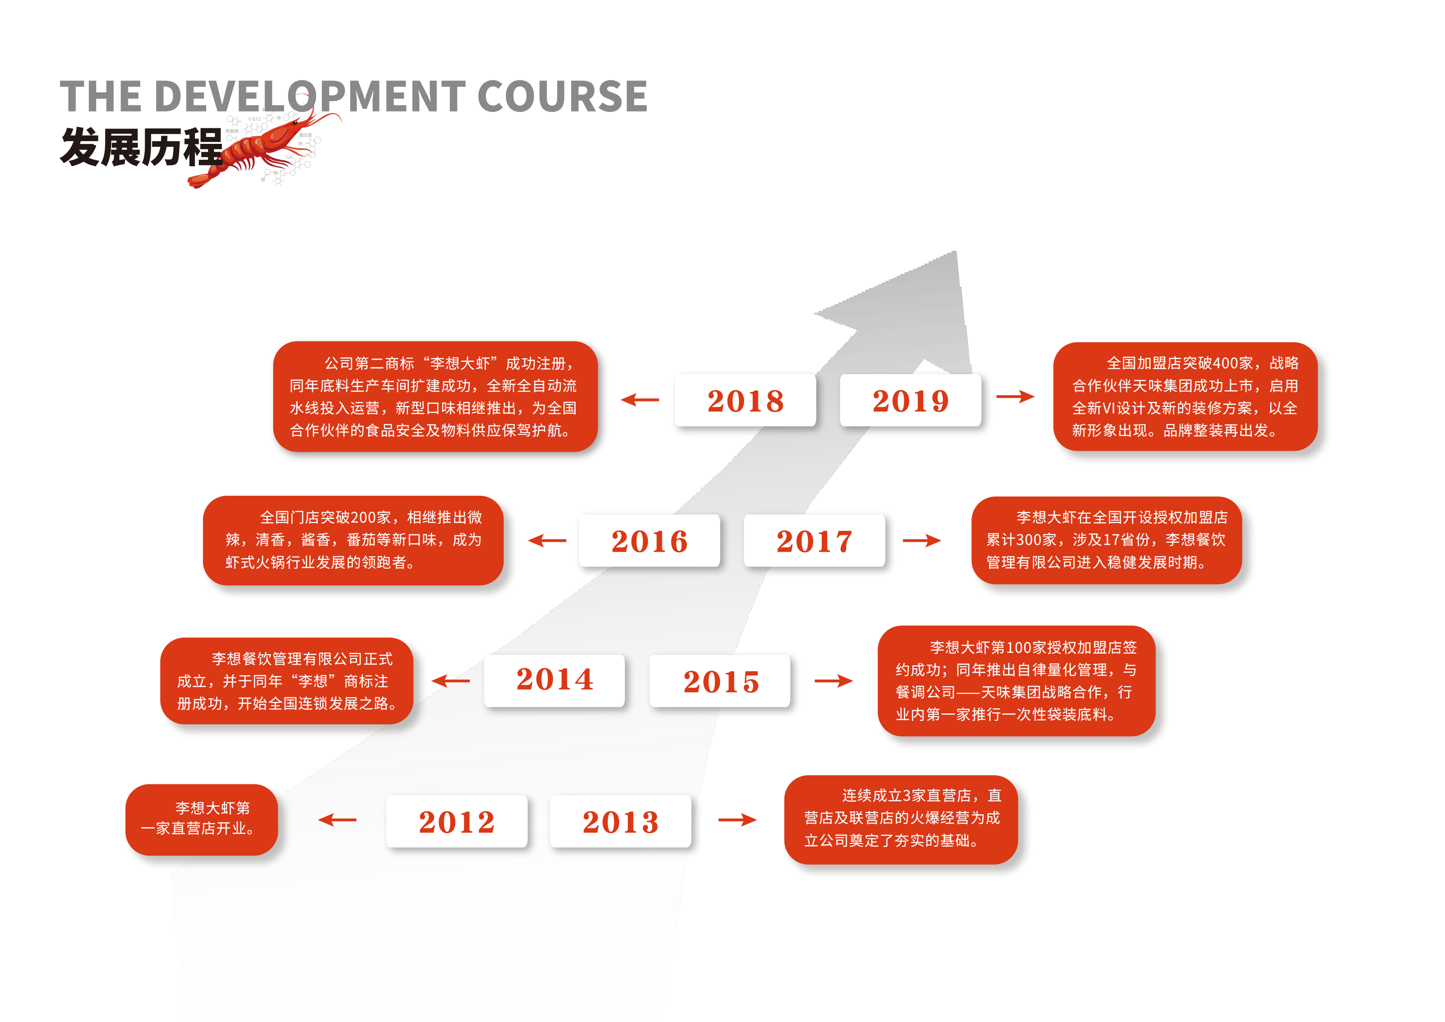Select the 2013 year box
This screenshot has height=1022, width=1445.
[x=620, y=821]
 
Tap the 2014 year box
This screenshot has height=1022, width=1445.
[x=555, y=680]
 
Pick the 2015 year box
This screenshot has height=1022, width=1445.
[x=720, y=680]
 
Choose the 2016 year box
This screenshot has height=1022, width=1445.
[x=650, y=540]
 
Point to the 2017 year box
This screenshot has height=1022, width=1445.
[x=814, y=540]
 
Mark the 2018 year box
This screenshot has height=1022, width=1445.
[x=745, y=400]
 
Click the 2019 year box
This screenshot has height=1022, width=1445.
[x=910, y=400]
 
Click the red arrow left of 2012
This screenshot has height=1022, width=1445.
[x=337, y=819]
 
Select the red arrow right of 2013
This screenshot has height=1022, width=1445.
[x=738, y=819]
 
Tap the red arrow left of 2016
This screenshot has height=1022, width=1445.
[x=547, y=540]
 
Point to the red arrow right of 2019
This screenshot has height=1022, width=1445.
[x=1016, y=396]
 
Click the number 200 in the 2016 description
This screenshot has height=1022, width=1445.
[x=363, y=517]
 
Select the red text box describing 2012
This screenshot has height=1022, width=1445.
[x=201, y=819]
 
